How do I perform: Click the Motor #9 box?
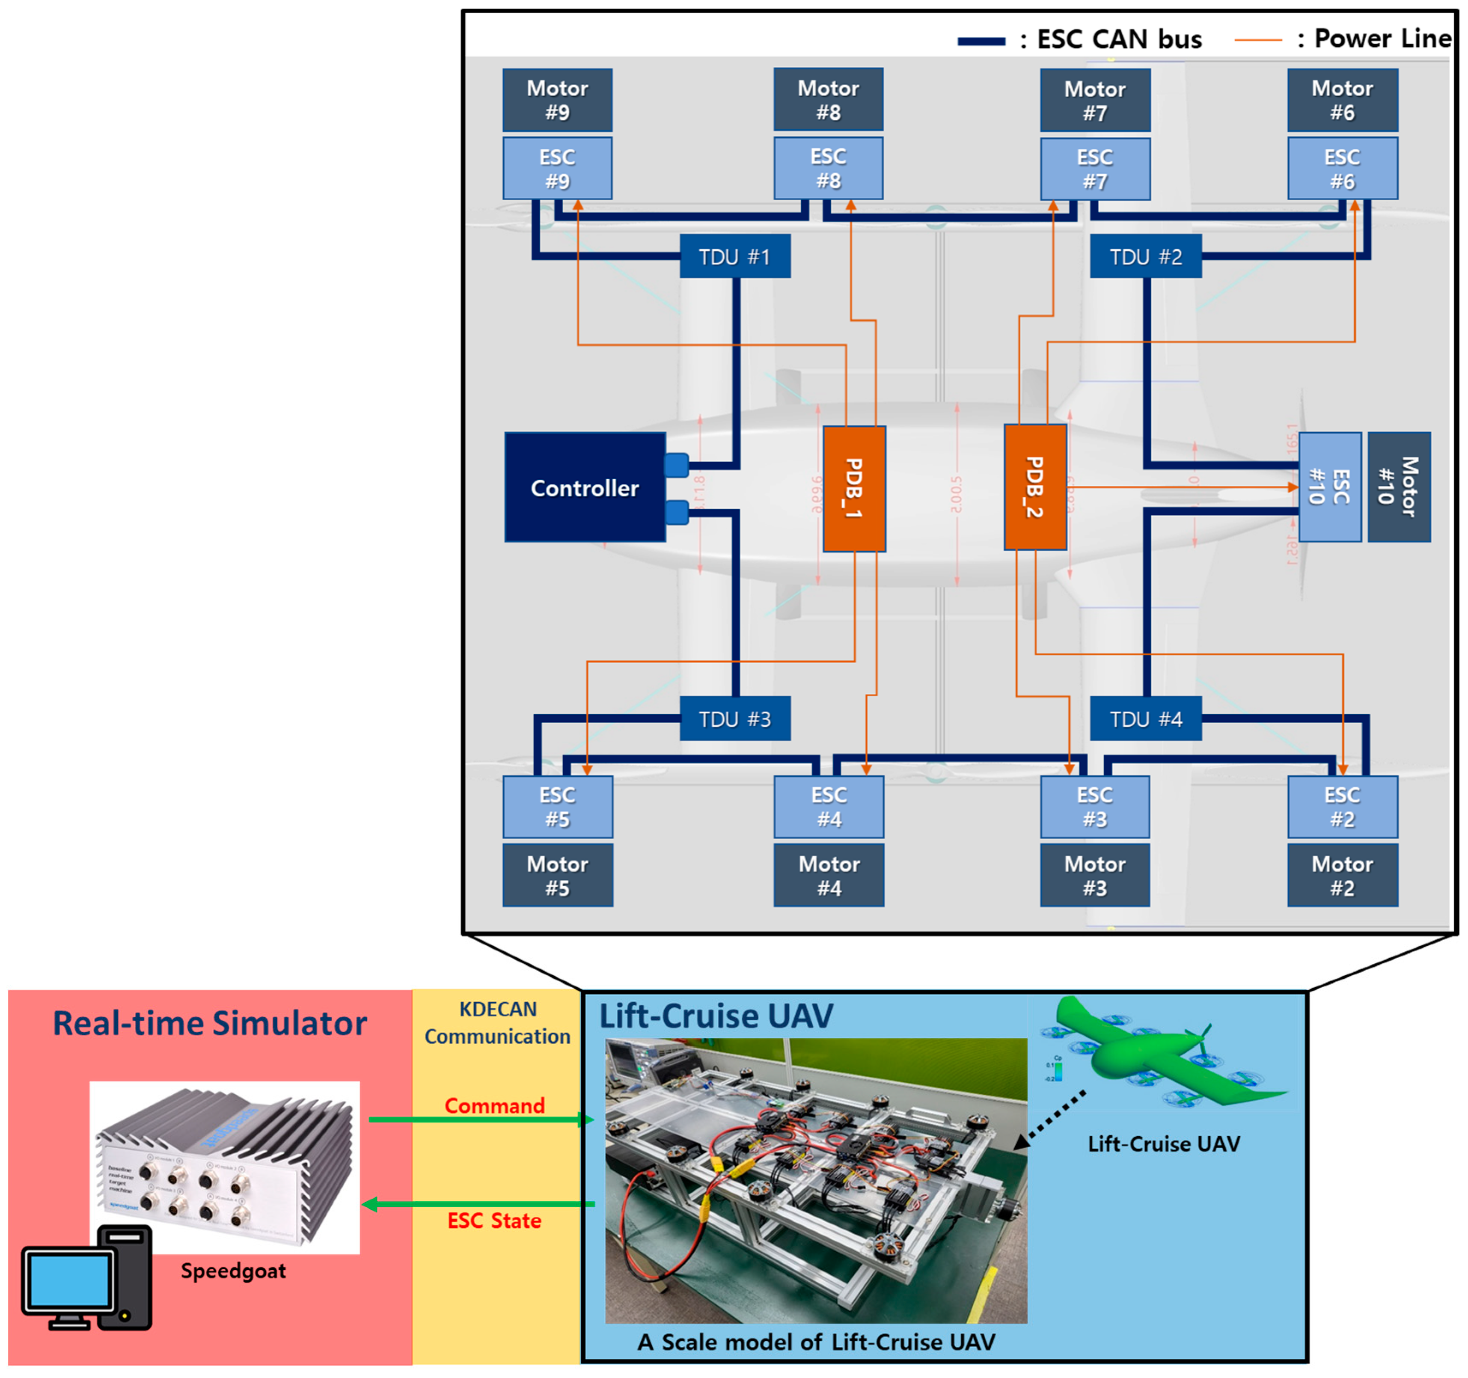pos(558,100)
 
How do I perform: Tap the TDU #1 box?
pos(735,257)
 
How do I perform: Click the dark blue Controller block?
pos(585,488)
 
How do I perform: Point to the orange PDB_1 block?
pos(854,489)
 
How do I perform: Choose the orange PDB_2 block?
pos(1034,487)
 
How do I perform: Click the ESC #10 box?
pos(1330,487)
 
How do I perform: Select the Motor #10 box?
pos(1399,487)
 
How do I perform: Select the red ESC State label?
pos(494,1221)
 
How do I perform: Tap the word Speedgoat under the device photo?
pos(233,1271)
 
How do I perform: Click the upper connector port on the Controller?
pos(676,465)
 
